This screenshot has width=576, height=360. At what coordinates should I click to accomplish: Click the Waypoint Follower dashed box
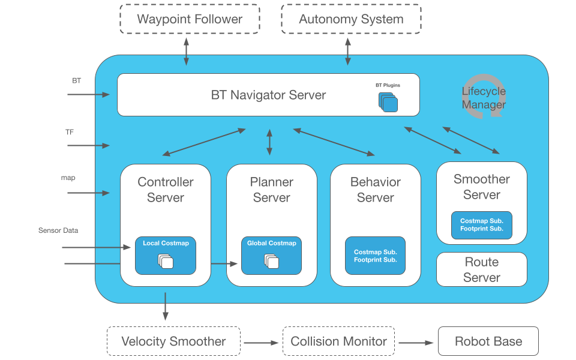coord(190,19)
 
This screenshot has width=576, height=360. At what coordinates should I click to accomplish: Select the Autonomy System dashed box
coord(351,19)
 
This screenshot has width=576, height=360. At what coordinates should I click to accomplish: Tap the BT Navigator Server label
coord(268,95)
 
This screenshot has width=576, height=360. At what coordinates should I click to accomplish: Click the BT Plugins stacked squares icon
coord(388,101)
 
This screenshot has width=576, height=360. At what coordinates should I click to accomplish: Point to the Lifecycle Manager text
coord(484,98)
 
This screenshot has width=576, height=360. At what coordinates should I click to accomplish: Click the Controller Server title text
coord(166,190)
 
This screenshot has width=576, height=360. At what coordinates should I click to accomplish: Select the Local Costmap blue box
coord(166,256)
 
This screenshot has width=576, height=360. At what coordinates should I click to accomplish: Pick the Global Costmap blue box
coord(271,256)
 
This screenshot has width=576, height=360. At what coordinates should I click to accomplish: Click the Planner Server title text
coord(272,190)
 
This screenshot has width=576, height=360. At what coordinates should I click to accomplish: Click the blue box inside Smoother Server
coord(482,225)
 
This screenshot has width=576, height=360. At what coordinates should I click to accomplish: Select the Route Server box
coord(482,269)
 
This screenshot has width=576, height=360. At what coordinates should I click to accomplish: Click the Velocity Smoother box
coord(173,341)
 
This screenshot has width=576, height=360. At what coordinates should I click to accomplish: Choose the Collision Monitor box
coord(338,341)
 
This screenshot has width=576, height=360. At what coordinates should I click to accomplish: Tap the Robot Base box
coord(488,341)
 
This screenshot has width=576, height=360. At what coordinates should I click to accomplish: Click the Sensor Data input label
coord(58,230)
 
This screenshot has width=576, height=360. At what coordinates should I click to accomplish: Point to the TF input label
coord(70,131)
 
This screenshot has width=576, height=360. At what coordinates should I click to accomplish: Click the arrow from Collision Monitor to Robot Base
coord(416,343)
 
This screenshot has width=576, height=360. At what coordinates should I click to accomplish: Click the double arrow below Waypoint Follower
coord(186,52)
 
